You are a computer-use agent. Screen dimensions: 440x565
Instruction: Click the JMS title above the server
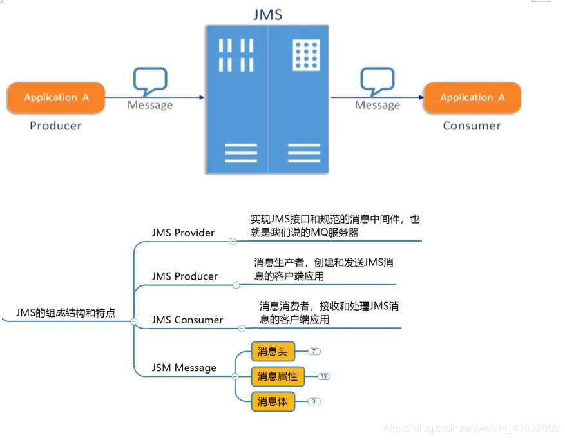coord(267,14)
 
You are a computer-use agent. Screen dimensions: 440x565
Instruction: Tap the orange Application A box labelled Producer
coord(56,98)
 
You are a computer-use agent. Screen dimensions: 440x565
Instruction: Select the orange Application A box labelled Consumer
coord(472,98)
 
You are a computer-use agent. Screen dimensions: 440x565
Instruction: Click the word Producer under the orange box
coord(56,126)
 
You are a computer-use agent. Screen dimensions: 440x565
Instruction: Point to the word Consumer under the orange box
coord(472,126)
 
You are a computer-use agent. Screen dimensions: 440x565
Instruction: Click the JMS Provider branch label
coord(183,233)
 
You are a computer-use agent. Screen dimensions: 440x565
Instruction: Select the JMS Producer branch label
coord(185,276)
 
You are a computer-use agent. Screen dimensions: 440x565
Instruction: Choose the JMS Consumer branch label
coord(187,320)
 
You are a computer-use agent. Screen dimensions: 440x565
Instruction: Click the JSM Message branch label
coord(184,368)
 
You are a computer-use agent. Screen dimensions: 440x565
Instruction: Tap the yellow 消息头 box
coord(273,352)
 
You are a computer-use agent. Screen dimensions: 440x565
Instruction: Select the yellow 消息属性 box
coord(277,376)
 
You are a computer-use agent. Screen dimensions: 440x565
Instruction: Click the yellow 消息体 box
coord(273,401)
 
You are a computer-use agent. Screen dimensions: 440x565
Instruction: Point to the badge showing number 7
coord(314,352)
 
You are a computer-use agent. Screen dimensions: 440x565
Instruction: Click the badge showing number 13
coord(323,376)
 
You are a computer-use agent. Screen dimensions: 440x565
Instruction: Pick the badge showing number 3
coord(314,401)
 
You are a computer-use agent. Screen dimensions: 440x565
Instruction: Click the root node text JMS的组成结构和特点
coord(66,313)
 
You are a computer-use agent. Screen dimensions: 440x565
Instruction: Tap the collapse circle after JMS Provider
coord(233,242)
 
